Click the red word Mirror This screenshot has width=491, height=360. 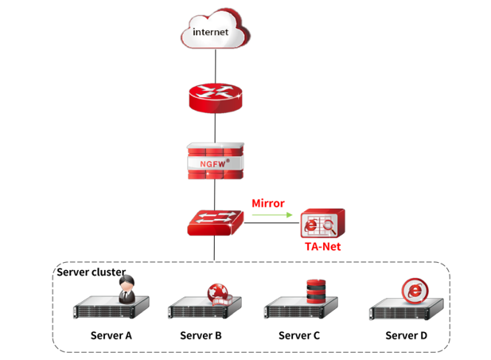268,203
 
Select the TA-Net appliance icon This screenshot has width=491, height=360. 322,225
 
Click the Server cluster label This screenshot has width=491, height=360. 90,272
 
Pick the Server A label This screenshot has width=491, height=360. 111,335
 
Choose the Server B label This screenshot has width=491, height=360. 201,335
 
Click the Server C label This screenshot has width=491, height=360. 299,335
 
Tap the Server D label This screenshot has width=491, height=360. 406,335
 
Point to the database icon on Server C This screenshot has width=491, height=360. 317,291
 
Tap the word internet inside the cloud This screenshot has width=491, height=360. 211,33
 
